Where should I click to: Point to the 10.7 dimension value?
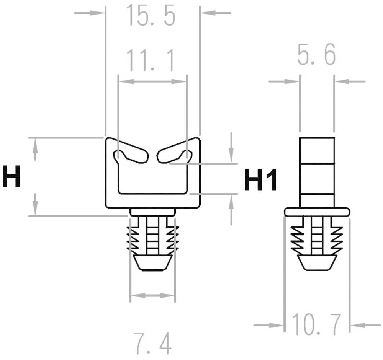click(316, 324)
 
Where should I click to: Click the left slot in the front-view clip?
click(131, 155)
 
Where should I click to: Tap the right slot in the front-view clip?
click(174, 155)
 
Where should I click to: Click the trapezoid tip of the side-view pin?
click(316, 262)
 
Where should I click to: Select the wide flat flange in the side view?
click(317, 212)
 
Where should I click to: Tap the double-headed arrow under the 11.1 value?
click(152, 81)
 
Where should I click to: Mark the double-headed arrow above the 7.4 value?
click(152, 295)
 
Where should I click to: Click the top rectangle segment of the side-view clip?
click(317, 150)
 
